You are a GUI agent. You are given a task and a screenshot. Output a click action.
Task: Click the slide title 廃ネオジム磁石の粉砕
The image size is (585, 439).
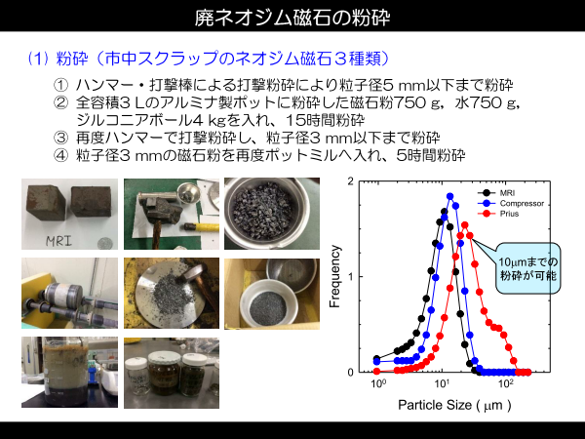[292, 17]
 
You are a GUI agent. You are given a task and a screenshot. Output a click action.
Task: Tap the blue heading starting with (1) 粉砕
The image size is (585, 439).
[210, 59]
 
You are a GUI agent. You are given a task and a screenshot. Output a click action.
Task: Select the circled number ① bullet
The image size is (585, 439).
[60, 86]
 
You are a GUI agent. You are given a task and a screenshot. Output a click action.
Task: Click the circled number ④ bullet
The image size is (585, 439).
[60, 155]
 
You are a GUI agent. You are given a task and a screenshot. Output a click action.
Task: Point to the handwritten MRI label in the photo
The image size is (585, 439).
[58, 241]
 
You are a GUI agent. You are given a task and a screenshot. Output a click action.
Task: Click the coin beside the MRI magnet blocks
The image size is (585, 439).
[105, 244]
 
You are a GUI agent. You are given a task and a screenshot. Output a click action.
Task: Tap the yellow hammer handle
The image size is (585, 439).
[202, 226]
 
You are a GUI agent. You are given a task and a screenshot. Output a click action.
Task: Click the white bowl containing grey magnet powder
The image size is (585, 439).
[269, 304]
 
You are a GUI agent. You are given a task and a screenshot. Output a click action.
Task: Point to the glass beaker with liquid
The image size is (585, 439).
[66, 371]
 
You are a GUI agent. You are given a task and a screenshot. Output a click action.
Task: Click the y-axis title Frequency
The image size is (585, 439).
[335, 276]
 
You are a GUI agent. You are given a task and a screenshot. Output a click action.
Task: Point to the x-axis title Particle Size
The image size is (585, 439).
[454, 405]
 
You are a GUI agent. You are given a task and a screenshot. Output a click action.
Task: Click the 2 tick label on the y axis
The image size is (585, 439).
[350, 181]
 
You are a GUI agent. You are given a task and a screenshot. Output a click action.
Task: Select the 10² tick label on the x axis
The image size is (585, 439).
[505, 383]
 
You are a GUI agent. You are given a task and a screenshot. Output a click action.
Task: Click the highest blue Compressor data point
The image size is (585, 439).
[449, 196]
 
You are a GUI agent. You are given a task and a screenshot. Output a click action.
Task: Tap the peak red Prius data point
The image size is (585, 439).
[465, 225]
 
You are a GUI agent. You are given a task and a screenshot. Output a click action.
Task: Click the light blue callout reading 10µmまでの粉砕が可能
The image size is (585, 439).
[527, 268]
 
